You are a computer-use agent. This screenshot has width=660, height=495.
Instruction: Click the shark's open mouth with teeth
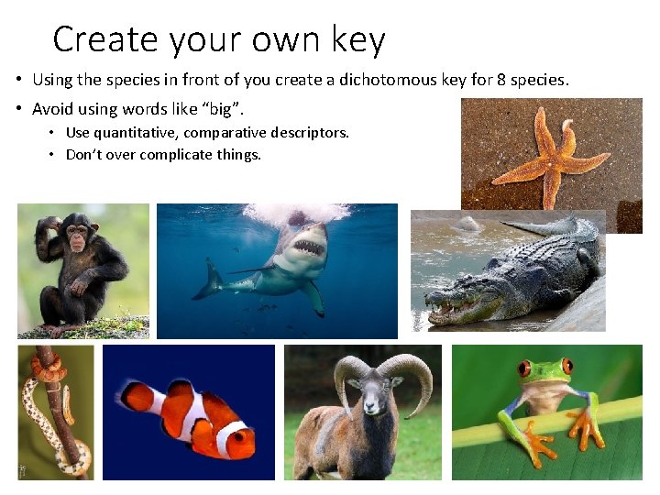pos(307,247)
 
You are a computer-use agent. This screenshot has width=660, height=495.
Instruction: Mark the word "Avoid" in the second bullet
pos(52,109)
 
